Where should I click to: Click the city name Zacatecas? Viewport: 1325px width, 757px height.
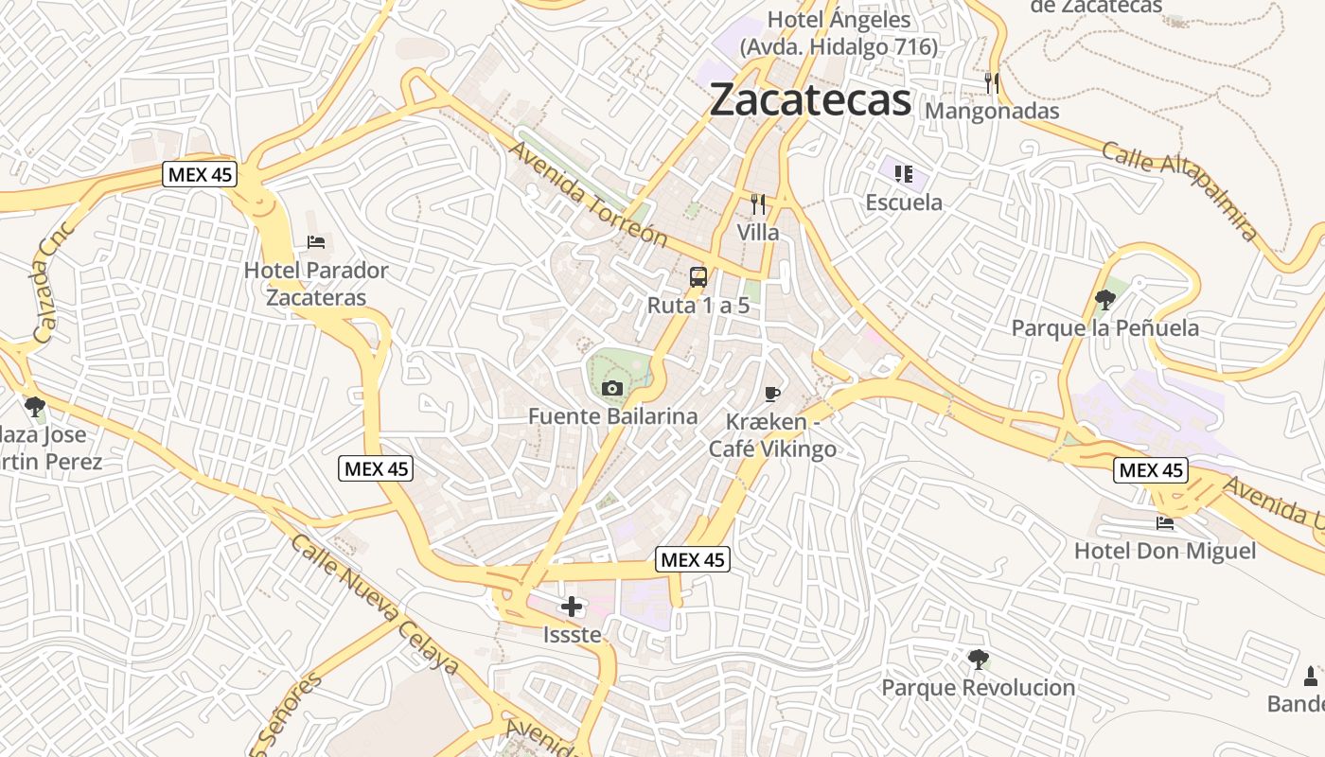(810, 99)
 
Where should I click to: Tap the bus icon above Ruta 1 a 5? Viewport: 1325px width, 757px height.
(698, 277)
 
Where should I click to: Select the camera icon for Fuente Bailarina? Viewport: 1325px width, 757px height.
(612, 388)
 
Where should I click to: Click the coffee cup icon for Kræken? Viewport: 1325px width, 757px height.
(772, 394)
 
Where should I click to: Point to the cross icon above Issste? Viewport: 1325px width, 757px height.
(572, 607)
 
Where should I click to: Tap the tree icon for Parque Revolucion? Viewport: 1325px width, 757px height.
(979, 660)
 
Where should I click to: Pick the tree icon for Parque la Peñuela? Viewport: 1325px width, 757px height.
(1104, 300)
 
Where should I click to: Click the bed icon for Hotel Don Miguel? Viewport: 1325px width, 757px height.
(1165, 522)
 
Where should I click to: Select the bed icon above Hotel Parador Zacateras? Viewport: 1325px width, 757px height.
(316, 242)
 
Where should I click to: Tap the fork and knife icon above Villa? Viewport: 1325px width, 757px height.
(758, 203)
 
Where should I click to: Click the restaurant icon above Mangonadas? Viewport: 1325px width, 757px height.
(992, 82)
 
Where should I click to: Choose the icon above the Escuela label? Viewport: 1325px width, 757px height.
(904, 173)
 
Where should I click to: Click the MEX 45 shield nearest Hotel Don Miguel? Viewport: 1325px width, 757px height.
(1150, 470)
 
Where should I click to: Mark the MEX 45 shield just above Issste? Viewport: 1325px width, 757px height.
(693, 560)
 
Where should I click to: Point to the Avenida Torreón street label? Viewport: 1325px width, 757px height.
(588, 193)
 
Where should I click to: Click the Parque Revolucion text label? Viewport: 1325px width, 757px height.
(979, 688)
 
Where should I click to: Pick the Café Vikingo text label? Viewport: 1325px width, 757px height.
(773, 449)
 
